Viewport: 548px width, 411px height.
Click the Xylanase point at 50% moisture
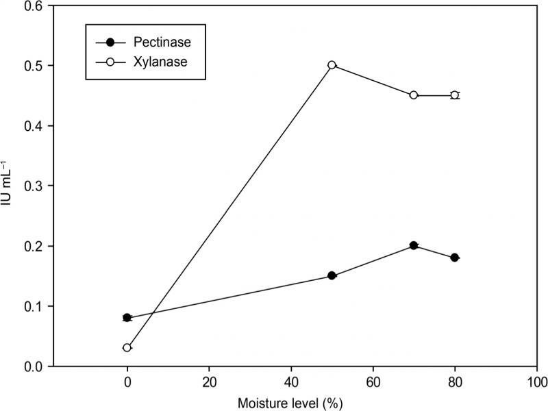332,65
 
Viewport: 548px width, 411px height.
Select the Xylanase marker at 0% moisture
127,347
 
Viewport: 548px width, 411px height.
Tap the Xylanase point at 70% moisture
414,95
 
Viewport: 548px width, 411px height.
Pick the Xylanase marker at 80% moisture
454,95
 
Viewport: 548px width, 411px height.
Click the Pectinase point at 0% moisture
127,317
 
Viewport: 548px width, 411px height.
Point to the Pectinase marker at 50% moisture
332,275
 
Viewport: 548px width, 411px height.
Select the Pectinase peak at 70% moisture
414,245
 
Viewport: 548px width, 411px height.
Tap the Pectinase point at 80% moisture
454,258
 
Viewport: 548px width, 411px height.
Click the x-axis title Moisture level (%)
290,401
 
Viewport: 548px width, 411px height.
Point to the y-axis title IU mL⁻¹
10,185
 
